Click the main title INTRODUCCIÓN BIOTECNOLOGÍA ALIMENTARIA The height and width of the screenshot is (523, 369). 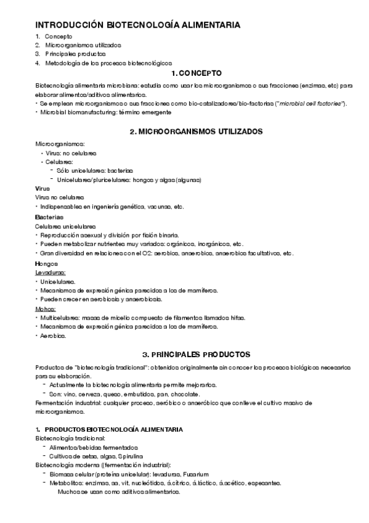[137, 25]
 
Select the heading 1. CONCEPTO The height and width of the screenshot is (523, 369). [196, 73]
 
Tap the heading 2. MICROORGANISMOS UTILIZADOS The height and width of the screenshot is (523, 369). [196, 131]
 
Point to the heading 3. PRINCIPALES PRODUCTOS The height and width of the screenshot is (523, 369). [196, 355]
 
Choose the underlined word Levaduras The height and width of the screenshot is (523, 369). [51, 272]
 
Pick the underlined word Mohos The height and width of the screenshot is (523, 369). [46, 308]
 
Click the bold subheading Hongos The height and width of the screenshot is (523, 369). [47, 263]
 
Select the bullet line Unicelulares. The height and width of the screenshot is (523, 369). [58, 281]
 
